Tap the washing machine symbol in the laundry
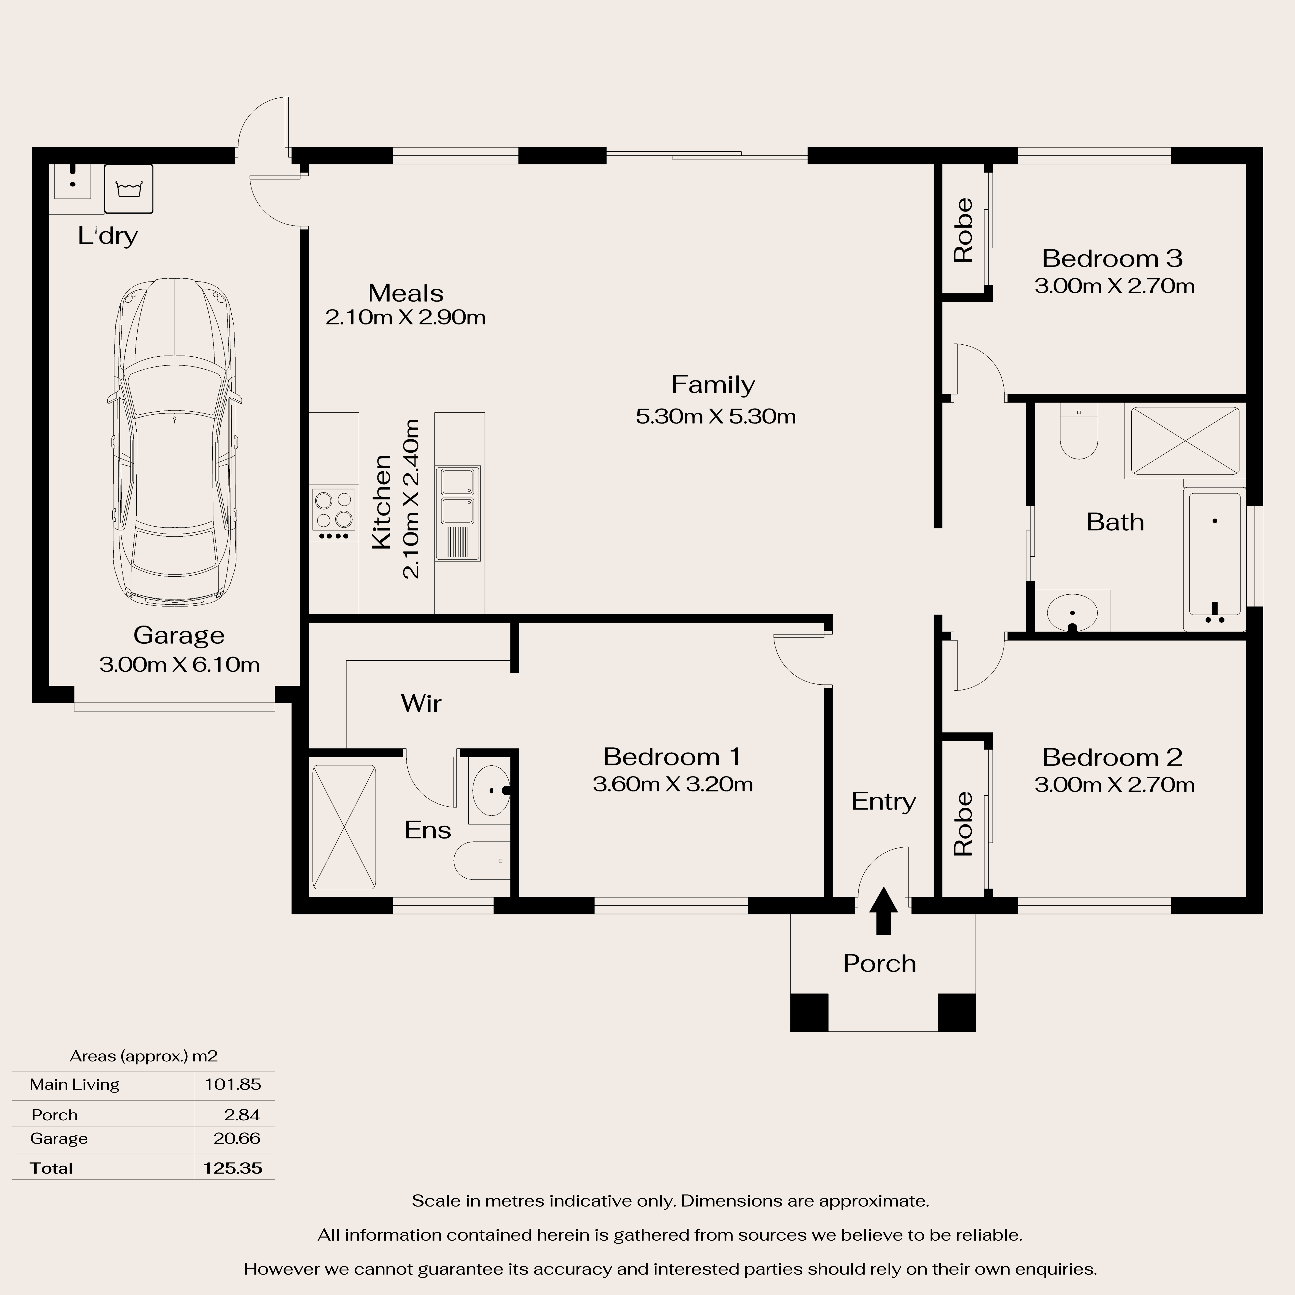(x=129, y=189)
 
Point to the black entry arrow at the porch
(x=883, y=910)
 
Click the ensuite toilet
(x=481, y=861)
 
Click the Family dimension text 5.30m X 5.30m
(x=716, y=416)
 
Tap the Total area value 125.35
(x=233, y=1168)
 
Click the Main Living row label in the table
(x=74, y=1085)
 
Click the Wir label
(x=421, y=703)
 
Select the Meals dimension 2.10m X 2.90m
(x=406, y=317)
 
